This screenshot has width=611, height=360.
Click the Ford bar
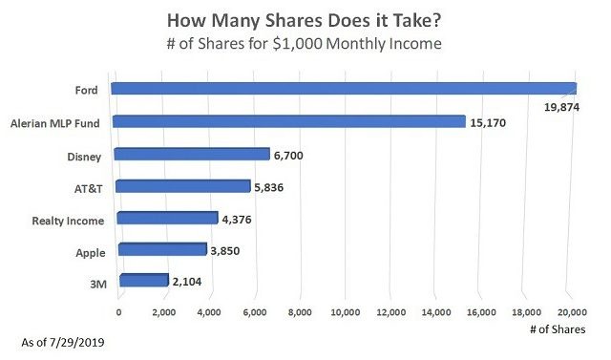click(x=344, y=89)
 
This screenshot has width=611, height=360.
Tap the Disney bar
click(x=192, y=154)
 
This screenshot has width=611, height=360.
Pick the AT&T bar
click(x=182, y=186)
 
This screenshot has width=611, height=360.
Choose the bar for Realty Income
click(x=167, y=219)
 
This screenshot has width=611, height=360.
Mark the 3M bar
click(x=143, y=281)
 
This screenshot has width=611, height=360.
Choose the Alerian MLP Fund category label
click(x=56, y=122)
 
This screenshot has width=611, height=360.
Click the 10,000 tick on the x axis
click(x=345, y=312)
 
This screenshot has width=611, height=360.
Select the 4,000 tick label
click(x=209, y=312)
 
